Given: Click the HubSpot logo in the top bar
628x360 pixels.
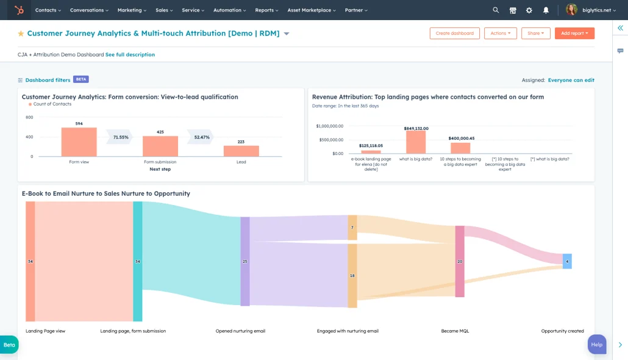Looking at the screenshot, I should [x=20, y=10].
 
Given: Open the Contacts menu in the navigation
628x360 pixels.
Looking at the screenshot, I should [x=48, y=10].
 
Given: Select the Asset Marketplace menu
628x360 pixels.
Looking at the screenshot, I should [x=312, y=10].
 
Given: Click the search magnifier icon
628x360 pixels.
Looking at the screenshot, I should [x=496, y=10].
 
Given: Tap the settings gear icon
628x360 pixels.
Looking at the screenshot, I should [x=529, y=10].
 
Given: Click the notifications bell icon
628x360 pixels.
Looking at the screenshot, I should [x=546, y=10].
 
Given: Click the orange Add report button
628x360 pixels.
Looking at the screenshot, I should [x=574, y=34].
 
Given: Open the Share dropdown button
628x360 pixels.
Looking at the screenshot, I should [x=535, y=34].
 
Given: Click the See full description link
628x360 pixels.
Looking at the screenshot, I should [x=130, y=55].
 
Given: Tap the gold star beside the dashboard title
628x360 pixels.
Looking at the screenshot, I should [x=21, y=34].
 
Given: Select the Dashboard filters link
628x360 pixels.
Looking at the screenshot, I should [x=48, y=80].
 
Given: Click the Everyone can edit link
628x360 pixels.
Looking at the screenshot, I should [x=571, y=80].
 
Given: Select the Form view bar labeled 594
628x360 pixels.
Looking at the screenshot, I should [x=79, y=142].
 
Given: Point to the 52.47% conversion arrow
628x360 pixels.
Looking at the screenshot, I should [x=201, y=137].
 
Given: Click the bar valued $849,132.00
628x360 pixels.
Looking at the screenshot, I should [x=416, y=142].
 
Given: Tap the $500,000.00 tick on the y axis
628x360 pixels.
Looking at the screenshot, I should [x=330, y=140].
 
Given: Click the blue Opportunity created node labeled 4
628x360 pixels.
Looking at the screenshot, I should [x=567, y=261].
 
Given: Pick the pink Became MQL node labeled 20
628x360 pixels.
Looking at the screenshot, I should [x=460, y=261].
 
